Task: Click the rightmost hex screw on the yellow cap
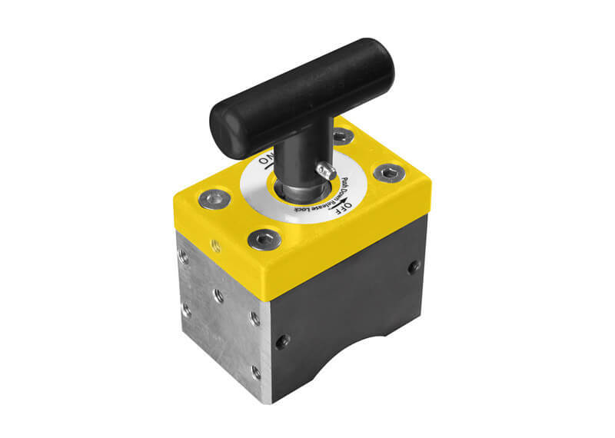387,173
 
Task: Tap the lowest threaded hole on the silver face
255,372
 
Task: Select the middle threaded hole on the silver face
218,296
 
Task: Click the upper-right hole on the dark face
414,267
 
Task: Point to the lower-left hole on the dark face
283,340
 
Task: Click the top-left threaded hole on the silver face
183,257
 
